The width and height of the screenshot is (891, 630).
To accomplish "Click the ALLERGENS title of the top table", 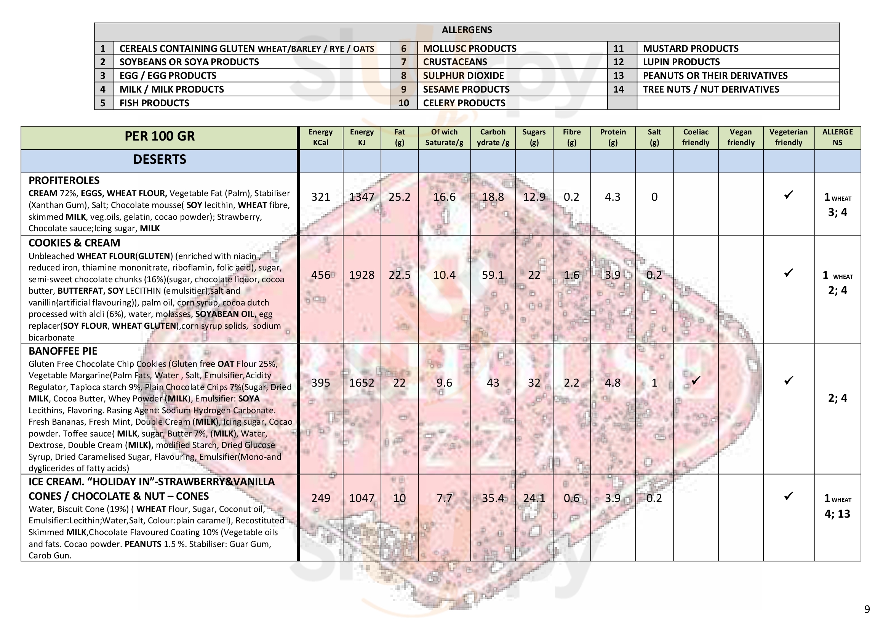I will (467, 30).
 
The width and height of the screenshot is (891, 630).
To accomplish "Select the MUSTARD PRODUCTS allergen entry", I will (690, 48).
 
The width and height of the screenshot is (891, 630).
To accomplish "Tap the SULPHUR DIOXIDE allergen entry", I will (463, 76).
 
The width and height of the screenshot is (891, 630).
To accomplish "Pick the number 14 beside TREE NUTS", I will (618, 89).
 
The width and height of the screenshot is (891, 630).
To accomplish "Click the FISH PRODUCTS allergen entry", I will (154, 103).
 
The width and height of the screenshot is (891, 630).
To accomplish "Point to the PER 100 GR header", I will (160, 136).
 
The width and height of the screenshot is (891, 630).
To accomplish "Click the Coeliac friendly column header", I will (696, 138).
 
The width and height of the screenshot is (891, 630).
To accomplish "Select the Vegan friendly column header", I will (741, 138).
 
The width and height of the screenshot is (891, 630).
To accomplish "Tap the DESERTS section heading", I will (160, 160).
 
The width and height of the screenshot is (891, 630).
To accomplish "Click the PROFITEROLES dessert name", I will (64, 181).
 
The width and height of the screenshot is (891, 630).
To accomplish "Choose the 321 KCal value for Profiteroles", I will (320, 197).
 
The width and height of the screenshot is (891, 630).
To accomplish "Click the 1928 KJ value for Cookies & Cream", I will (361, 275).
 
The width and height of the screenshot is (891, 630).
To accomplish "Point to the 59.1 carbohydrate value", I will (493, 275).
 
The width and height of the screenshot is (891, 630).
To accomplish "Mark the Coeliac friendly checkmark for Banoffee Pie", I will (696, 380).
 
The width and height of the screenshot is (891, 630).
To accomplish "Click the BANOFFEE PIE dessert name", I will (63, 351).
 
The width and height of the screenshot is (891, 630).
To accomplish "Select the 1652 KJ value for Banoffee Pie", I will (361, 383).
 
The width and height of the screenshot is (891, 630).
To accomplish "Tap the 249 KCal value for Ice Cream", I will (320, 498).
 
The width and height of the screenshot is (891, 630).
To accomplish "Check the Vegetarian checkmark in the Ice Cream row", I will (788, 496).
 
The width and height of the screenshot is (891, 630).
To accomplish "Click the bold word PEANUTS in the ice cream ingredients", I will (142, 544).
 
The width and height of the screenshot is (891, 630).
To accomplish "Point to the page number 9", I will (867, 609).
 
